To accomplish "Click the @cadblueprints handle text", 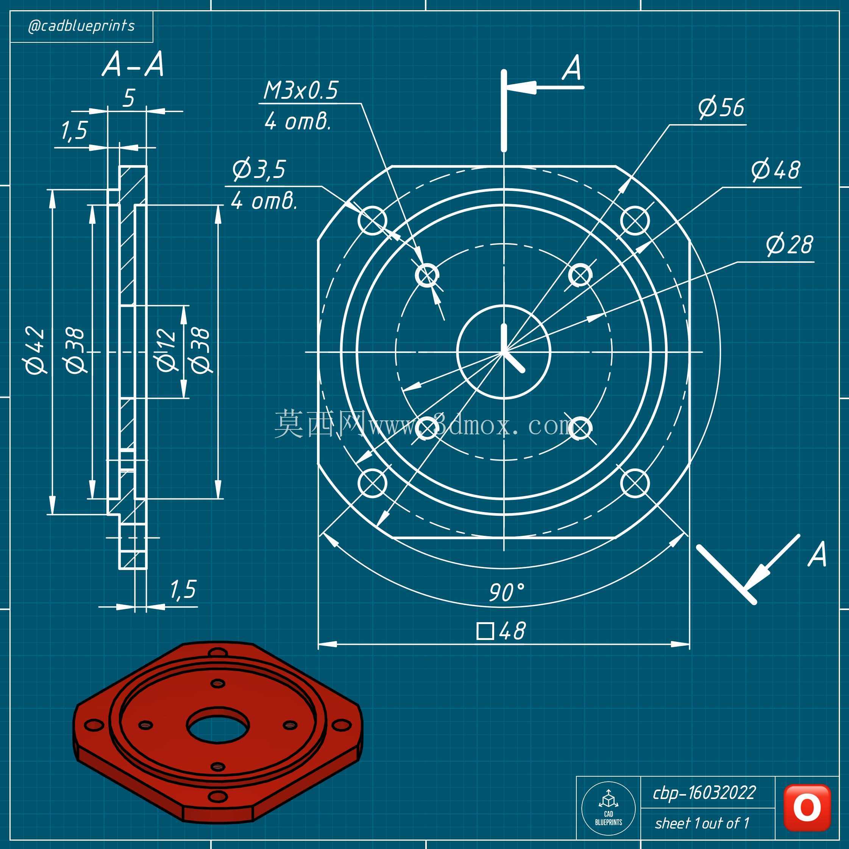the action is tap(81, 27).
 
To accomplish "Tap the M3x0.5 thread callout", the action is tap(301, 91).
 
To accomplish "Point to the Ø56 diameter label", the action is tap(721, 108).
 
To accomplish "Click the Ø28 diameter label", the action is tap(790, 245).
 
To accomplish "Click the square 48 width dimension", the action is tap(501, 631).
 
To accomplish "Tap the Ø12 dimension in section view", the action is tap(167, 350).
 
